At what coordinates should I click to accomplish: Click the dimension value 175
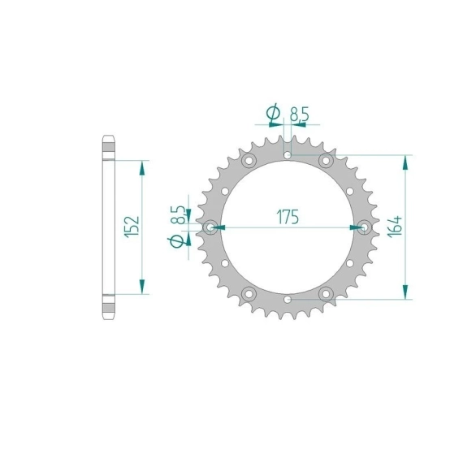point(288,217)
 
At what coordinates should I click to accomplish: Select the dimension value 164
point(395,227)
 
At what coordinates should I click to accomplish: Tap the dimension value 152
point(132,227)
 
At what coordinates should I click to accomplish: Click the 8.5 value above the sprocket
point(300,115)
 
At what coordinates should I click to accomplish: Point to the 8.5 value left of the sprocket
point(179,214)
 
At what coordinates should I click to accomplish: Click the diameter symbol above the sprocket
point(273,113)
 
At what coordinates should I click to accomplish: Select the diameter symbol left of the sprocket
point(176,241)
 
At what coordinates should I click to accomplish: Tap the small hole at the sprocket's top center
point(288,155)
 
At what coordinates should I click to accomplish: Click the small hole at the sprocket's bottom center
point(288,300)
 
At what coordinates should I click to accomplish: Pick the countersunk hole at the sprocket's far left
point(210,227)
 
